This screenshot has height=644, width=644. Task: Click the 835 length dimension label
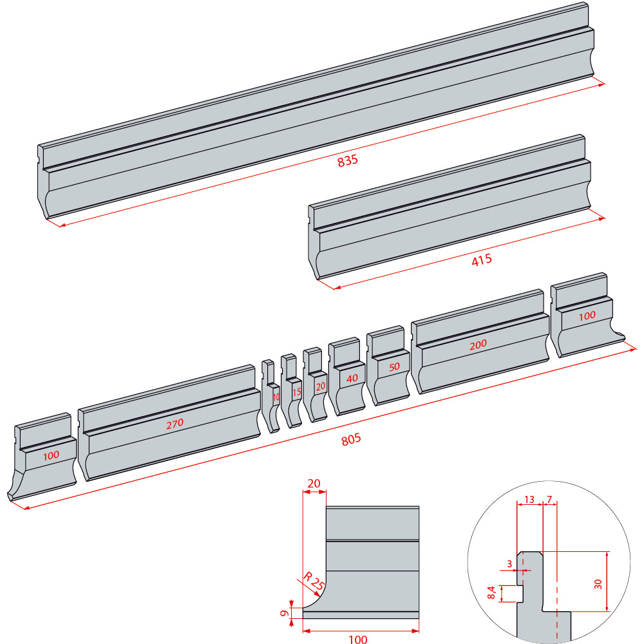tap(348, 160)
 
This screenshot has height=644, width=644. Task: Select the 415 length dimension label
tap(482, 260)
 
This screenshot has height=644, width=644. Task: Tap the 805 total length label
tap(351, 439)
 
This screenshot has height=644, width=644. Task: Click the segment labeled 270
tap(169, 422)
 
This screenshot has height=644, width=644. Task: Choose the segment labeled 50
tap(388, 366)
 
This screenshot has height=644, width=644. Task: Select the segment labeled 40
tap(347, 376)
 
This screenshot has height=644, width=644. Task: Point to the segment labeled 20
tap(316, 384)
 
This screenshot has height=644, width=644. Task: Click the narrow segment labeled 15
tap(292, 391)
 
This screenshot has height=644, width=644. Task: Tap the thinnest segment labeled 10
tap(271, 396)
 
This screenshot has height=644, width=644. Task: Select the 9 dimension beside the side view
tap(284, 613)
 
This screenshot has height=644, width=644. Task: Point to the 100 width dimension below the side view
tap(357, 639)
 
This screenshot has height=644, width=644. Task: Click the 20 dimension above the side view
tap(314, 484)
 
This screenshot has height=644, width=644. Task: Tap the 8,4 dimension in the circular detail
tap(491, 592)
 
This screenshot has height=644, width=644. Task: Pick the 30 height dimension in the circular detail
tap(598, 584)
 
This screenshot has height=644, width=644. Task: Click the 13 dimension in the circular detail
tap(529, 500)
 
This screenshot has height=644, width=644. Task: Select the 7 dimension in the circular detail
tap(549, 500)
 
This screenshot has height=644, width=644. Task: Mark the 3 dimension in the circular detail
tap(509, 564)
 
